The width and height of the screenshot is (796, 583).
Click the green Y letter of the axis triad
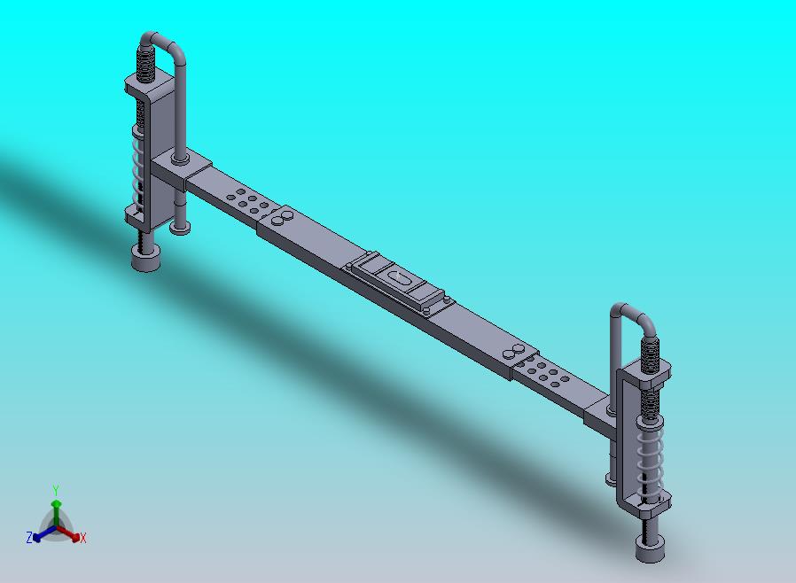[x=56, y=490]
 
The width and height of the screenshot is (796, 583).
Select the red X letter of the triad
[x=82, y=538]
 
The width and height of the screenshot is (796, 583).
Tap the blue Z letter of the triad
[x=29, y=537]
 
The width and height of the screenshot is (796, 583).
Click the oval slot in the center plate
[x=402, y=279]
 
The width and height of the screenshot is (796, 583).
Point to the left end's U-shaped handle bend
[x=163, y=40]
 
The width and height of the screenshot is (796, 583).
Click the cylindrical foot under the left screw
[x=146, y=259]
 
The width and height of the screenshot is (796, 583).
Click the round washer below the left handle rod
[x=179, y=229]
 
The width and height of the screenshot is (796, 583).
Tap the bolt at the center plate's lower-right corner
[x=430, y=311]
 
